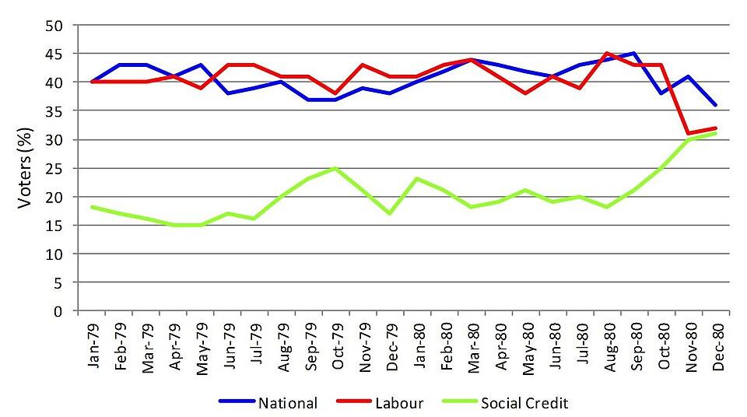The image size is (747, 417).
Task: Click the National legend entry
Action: click(286, 403)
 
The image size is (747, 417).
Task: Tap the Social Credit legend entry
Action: click(524, 403)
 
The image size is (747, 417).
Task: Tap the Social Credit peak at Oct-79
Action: click(335, 168)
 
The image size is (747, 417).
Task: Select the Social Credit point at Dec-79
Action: click(391, 214)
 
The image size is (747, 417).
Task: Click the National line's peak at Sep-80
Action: click(635, 54)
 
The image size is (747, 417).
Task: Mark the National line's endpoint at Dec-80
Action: click(716, 105)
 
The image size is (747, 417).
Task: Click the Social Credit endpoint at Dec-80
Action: click(716, 133)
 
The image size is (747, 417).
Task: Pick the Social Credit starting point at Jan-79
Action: click(92, 208)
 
